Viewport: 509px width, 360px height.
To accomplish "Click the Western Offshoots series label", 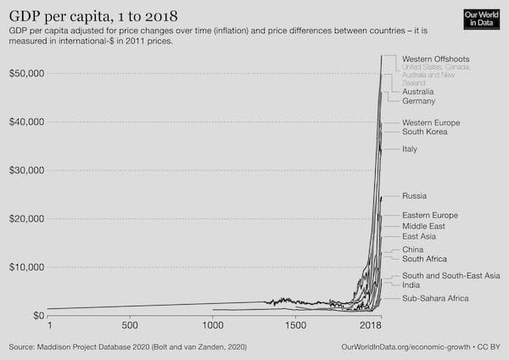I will pyautogui.click(x=436, y=58).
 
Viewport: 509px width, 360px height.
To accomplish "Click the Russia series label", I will pyautogui.click(x=415, y=196).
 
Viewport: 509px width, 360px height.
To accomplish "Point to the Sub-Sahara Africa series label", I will pyautogui.click(x=435, y=299).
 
